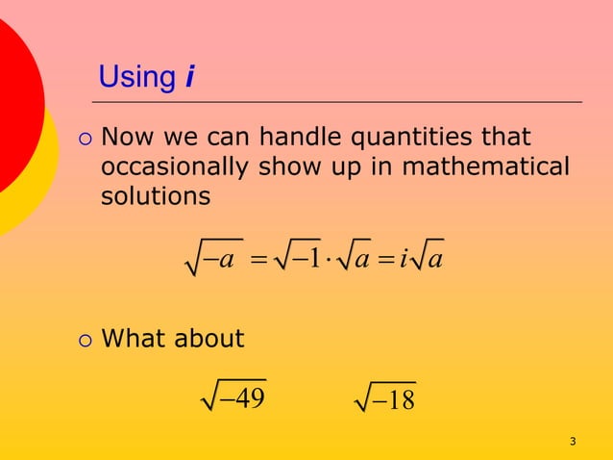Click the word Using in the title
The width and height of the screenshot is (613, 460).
pos(137,77)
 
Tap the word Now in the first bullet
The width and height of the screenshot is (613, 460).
pos(126,138)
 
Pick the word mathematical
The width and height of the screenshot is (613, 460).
pos(485,166)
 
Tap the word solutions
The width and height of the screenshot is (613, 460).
pos(156,197)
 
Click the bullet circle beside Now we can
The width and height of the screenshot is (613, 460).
pos(84,139)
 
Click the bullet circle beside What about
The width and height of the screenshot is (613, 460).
pos(84,339)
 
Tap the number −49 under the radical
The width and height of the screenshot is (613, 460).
pos(242,397)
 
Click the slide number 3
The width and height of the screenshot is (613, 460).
pos(573,442)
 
